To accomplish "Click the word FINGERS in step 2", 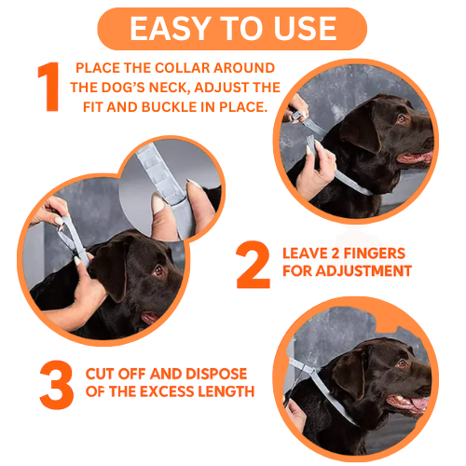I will click(378, 252).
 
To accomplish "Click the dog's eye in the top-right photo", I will click(402, 118).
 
